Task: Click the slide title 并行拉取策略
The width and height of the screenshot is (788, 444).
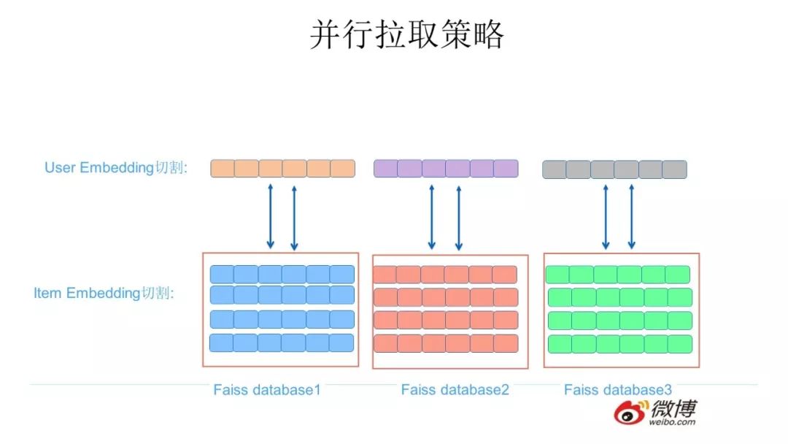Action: [406, 34]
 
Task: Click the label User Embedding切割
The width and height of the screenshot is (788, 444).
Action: [116, 167]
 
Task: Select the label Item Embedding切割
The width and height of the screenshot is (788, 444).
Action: [104, 293]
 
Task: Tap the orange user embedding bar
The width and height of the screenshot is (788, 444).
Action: [282, 169]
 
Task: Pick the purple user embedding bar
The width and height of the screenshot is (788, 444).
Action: [446, 169]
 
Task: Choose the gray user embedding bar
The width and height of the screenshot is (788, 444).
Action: [614, 170]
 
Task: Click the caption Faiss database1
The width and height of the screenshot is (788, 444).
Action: [267, 389]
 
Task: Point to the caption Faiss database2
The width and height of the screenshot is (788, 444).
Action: [455, 389]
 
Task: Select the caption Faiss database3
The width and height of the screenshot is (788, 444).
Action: [618, 389]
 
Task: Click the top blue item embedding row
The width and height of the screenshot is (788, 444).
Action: [282, 274]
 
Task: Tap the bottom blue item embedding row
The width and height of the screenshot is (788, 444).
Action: [282, 342]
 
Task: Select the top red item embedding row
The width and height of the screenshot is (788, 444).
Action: [445, 275]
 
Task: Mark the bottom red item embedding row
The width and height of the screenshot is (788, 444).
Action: [445, 343]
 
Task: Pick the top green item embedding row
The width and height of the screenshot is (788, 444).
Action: [617, 275]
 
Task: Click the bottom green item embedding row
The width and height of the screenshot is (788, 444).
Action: [619, 343]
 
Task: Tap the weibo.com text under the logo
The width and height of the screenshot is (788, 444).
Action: [673, 422]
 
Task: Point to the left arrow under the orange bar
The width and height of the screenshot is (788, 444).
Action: [270, 217]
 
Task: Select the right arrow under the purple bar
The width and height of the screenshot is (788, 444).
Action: [458, 217]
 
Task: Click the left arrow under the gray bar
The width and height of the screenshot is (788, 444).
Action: [606, 217]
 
